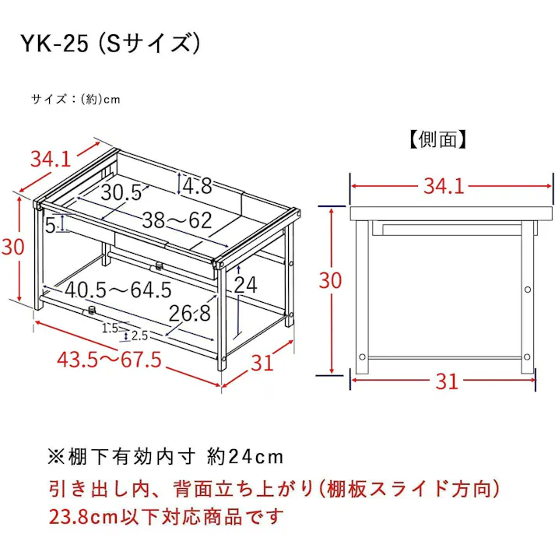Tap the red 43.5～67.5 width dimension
(109, 360)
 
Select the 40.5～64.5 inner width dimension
(118, 290)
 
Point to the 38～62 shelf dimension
(176, 220)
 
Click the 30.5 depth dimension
(121, 192)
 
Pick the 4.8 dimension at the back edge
(197, 185)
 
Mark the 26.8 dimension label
(191, 313)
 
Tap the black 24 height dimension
(245, 285)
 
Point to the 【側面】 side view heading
(437, 139)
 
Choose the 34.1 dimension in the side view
(444, 186)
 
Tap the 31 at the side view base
(446, 381)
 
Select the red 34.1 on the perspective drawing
(51, 159)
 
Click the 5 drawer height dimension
(51, 227)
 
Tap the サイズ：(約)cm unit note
(76, 100)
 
